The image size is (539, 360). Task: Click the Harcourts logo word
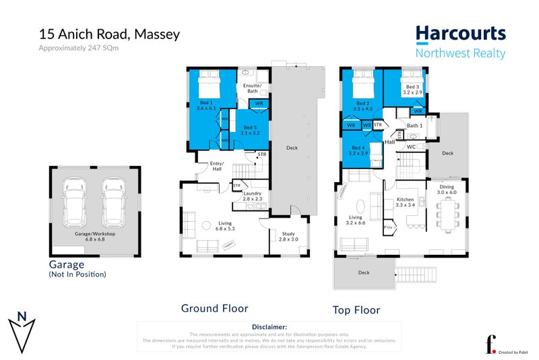coord(459,34)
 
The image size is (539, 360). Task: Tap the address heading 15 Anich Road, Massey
coord(109,34)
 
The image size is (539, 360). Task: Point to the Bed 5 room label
coord(250,130)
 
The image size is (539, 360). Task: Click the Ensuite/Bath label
coord(253,88)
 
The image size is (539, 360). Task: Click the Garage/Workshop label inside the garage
coord(94,235)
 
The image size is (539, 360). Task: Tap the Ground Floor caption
coord(214,309)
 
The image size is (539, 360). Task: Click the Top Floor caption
coord(356,310)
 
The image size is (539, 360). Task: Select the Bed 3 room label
coord(412,90)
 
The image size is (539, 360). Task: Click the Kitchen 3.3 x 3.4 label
coord(406,203)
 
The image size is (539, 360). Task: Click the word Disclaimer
coord(268,326)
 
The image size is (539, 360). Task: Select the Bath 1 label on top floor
coord(415,126)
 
